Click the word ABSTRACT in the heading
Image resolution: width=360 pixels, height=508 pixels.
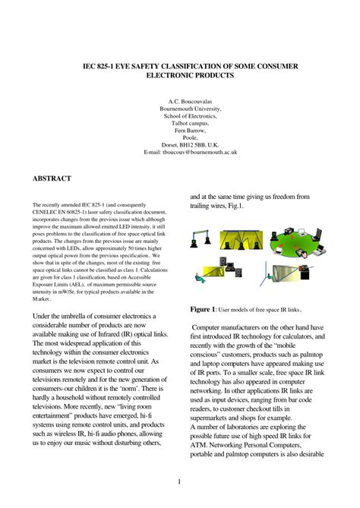click(52, 178)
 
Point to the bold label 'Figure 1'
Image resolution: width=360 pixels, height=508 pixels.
click(203, 310)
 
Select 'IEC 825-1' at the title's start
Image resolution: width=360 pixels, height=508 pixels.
click(99, 67)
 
